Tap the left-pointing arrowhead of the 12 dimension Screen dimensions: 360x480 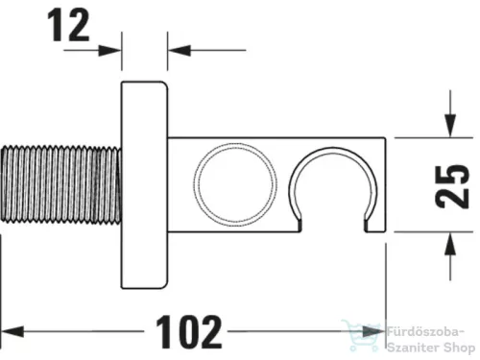coord(175,49)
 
